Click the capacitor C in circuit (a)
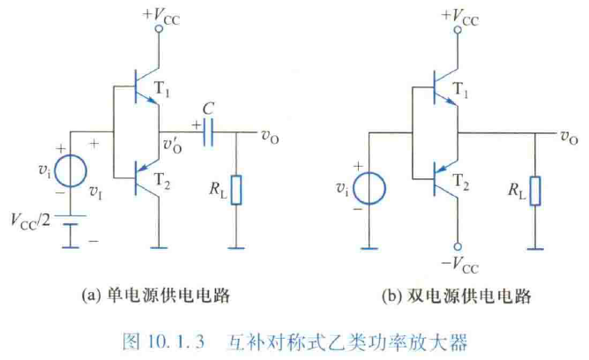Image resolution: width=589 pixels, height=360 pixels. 210,135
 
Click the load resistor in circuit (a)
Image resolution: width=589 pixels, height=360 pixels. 235,190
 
